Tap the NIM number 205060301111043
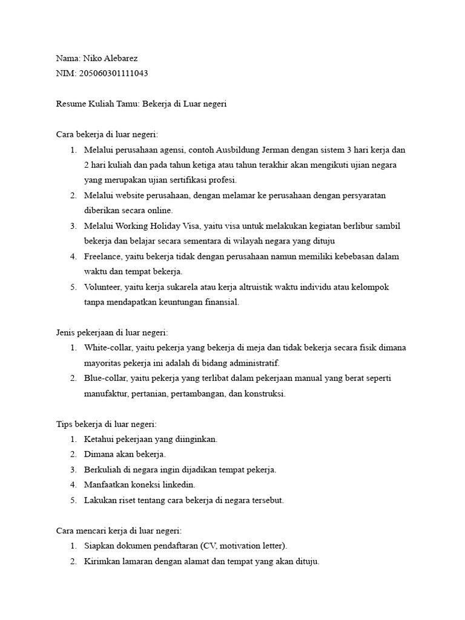click(111, 74)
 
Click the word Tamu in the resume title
click(126, 104)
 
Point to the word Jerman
click(277, 150)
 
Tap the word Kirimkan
click(104, 561)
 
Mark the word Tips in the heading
click(64, 424)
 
